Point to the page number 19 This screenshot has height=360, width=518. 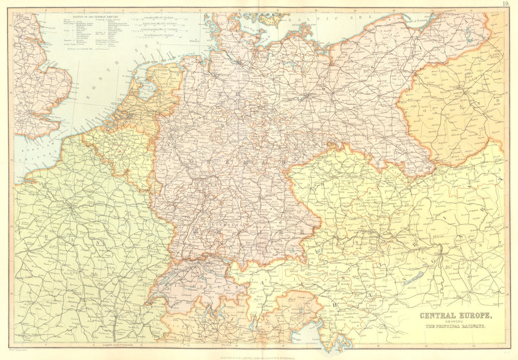pyautogui.click(x=505, y=4)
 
